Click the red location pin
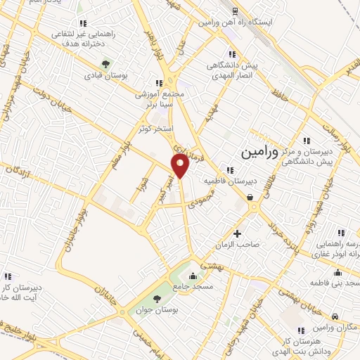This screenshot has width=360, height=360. pyautogui.click(x=180, y=167)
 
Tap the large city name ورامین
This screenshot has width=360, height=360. pyautogui.click(x=259, y=151)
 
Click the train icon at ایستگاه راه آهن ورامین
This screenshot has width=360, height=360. pyautogui.click(x=233, y=12)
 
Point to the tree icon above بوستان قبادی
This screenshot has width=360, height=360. pyautogui.click(x=105, y=63)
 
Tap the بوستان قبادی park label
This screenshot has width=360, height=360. pyautogui.click(x=105, y=75)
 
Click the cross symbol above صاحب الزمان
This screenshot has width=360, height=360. pyautogui.click(x=237, y=233)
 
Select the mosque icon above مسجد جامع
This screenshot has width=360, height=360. pyautogui.click(x=193, y=275)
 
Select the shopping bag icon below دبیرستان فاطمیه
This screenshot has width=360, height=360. pyautogui.click(x=252, y=198)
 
